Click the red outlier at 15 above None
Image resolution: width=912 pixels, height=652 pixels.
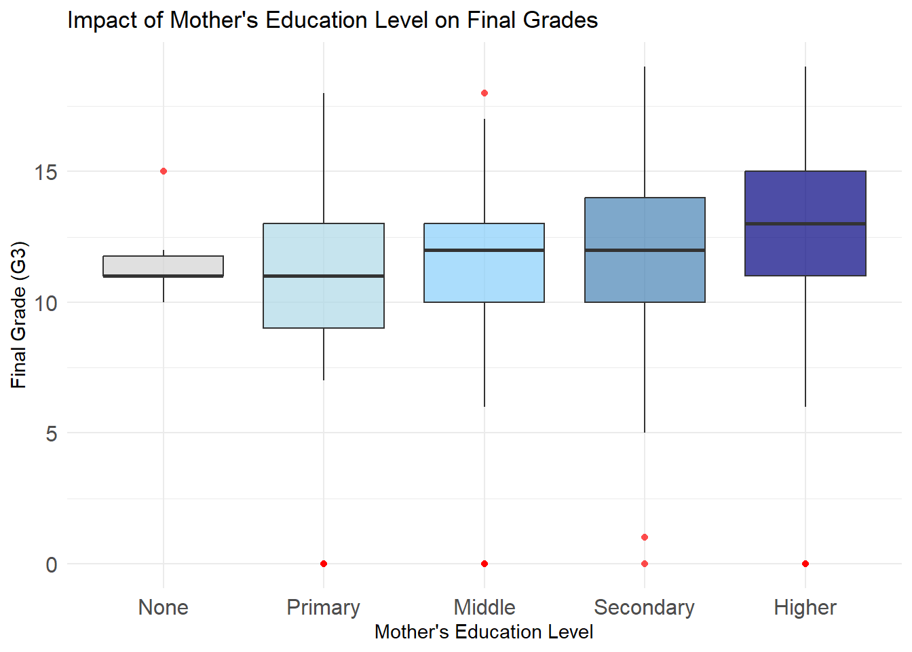coord(164,171)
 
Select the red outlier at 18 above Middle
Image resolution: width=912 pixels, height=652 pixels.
coord(484,93)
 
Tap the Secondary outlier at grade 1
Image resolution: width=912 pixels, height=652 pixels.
coord(645,537)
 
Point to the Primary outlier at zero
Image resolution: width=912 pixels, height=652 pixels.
coord(324,564)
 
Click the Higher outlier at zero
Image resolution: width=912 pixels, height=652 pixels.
coord(805,564)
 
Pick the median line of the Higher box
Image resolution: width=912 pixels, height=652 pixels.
coord(805,223)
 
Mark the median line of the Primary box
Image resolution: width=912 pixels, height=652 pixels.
coord(324,276)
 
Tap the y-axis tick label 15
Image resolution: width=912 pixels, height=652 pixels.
coord(46,172)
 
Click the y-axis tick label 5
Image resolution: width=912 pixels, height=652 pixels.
coord(52,433)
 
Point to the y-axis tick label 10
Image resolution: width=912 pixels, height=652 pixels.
coord(46,303)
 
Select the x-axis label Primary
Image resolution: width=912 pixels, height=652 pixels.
coord(323,607)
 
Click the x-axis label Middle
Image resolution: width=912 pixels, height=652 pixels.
coord(484,607)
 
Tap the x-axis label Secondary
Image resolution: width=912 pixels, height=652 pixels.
coord(644,607)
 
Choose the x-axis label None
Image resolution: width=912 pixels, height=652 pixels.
coord(164,607)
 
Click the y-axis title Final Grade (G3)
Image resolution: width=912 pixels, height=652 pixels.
coord(19,315)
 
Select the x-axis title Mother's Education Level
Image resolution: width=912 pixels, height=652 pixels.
coord(484,632)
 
